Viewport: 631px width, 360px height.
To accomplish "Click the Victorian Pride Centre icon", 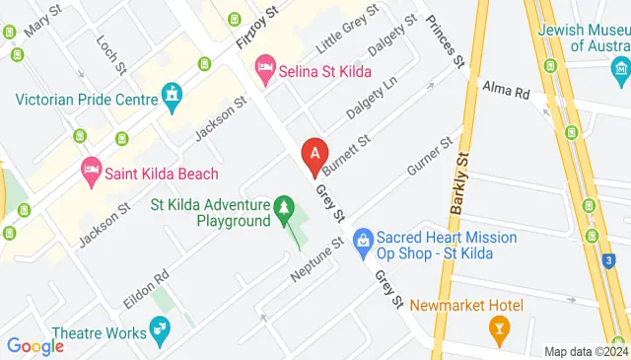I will (x=174, y=96).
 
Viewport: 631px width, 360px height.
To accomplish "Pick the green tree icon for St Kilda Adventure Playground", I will (x=284, y=208).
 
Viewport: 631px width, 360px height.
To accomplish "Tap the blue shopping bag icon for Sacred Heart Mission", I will (x=363, y=238).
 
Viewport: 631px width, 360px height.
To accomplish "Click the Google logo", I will (x=35, y=345).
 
